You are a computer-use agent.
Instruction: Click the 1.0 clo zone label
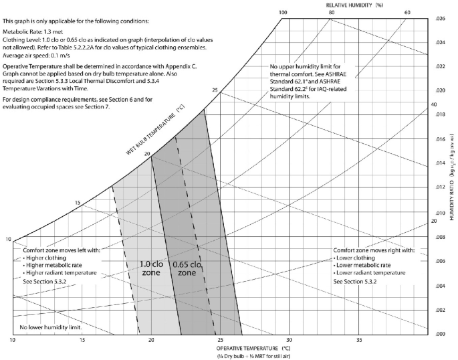[150, 268]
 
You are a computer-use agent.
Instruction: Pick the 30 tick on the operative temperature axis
[288, 341]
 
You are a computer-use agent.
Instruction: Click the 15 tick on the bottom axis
[82, 341]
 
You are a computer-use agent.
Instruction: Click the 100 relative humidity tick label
[283, 13]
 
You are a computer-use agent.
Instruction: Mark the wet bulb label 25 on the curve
[215, 90]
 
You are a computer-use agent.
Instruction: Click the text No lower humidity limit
[45, 327]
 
